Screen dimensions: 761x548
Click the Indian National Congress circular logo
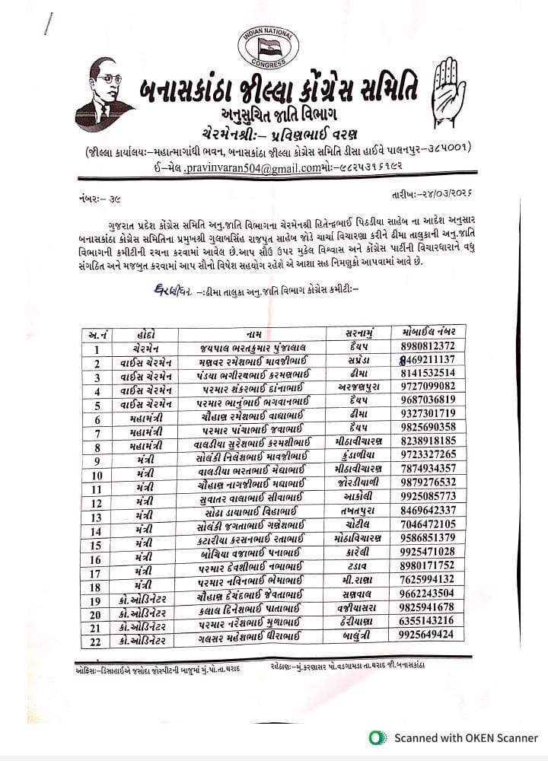pos(268,45)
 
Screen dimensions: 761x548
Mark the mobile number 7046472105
pos(428,524)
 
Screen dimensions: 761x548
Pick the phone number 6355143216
pos(428,620)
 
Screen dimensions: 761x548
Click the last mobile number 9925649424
pos(428,634)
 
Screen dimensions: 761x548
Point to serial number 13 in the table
pos(97,511)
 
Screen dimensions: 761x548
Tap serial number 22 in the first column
pos(97,635)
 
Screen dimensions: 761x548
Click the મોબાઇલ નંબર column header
pos(428,333)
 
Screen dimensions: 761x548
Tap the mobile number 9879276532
pos(428,482)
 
